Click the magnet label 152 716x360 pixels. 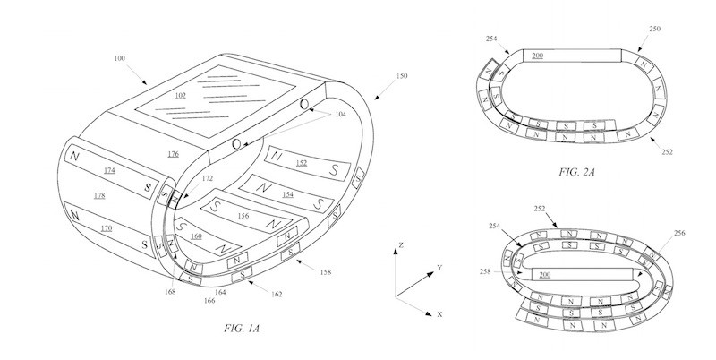302,163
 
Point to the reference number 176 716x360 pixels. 172,155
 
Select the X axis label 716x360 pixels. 440,315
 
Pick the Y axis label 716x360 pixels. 440,267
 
